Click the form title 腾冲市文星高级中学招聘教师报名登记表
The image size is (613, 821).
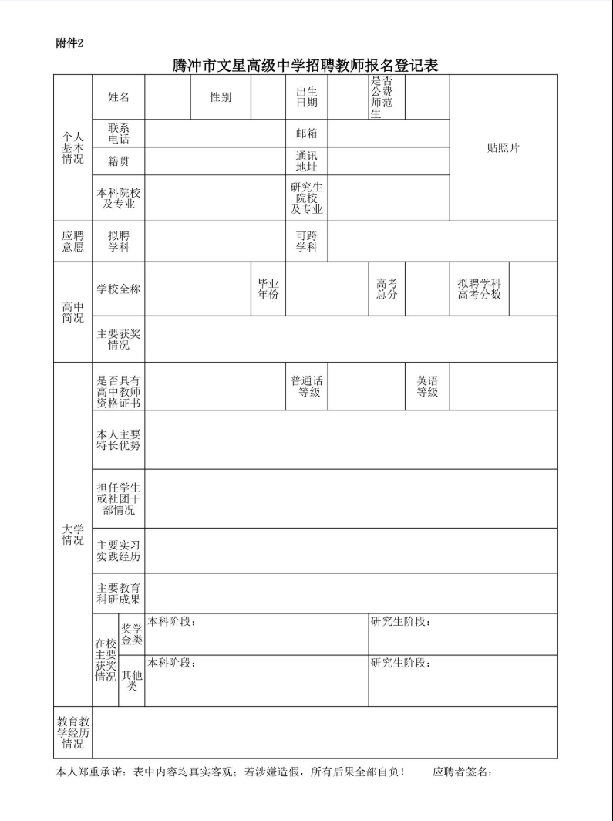tap(305, 66)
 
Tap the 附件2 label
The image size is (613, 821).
tap(69, 42)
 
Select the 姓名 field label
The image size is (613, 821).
tap(119, 97)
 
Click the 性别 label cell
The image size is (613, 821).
tap(221, 97)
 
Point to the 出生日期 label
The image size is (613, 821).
tap(307, 97)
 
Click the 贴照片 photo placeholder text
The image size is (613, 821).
tap(503, 148)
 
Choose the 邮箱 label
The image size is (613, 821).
tap(307, 133)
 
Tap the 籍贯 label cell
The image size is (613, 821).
tap(119, 161)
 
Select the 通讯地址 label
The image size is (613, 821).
tap(307, 161)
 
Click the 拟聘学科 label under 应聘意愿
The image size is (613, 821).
tap(119, 242)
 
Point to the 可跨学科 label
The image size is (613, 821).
tap(307, 242)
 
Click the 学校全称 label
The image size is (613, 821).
tap(119, 289)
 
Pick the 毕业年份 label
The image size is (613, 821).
tap(268, 289)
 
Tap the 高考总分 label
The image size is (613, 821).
tap(386, 289)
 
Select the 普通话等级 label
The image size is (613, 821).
tap(307, 387)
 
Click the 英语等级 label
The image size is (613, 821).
tap(427, 387)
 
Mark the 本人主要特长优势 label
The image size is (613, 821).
tap(119, 439)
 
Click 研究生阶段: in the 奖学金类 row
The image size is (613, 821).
tap(400, 622)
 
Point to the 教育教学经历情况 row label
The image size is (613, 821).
tap(73, 732)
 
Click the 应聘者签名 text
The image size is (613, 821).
tap(462, 772)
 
